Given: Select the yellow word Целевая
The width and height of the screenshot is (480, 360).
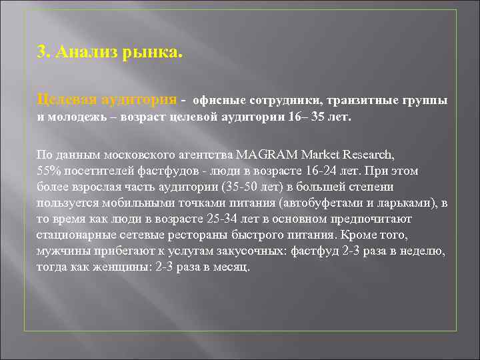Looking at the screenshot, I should point(65,100).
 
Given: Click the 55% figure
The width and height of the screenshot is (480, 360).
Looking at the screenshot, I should point(48,171).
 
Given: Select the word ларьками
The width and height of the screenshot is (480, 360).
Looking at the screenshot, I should point(414,203).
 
